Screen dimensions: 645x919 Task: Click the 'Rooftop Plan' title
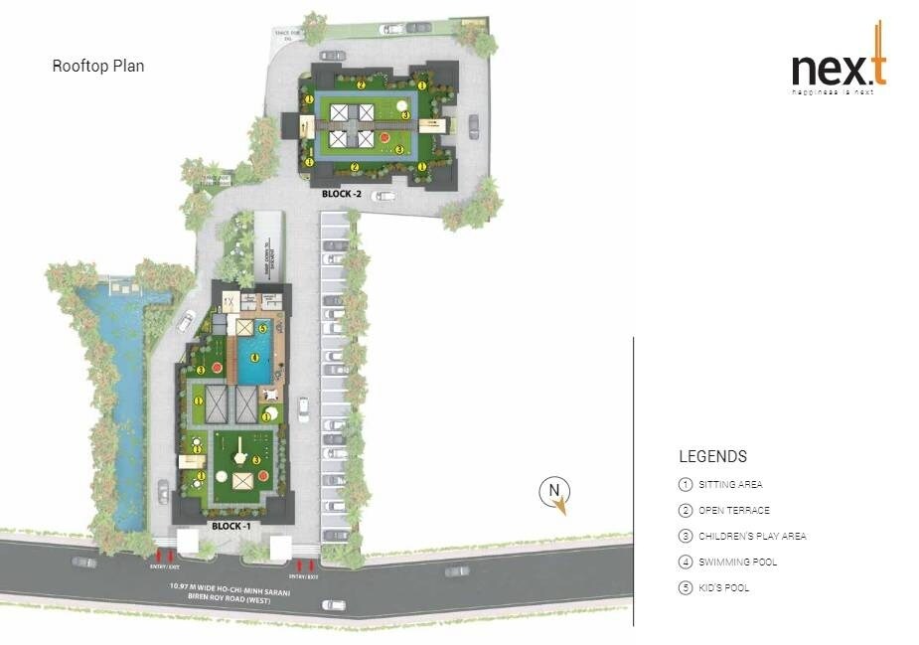(98, 67)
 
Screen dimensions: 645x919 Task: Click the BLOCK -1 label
(235, 525)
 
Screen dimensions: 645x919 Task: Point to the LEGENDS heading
(712, 457)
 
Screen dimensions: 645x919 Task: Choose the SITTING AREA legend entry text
(730, 485)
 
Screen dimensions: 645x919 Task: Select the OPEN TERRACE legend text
(734, 511)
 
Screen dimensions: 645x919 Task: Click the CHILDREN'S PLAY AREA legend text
(752, 537)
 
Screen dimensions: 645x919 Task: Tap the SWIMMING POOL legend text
(737, 563)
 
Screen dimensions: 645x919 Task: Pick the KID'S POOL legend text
(724, 588)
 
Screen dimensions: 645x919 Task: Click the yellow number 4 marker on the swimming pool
(254, 358)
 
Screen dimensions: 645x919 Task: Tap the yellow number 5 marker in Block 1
(262, 327)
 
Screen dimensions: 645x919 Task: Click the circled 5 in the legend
(685, 588)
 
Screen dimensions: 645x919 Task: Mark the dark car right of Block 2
(473, 125)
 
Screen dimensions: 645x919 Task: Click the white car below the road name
(335, 603)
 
